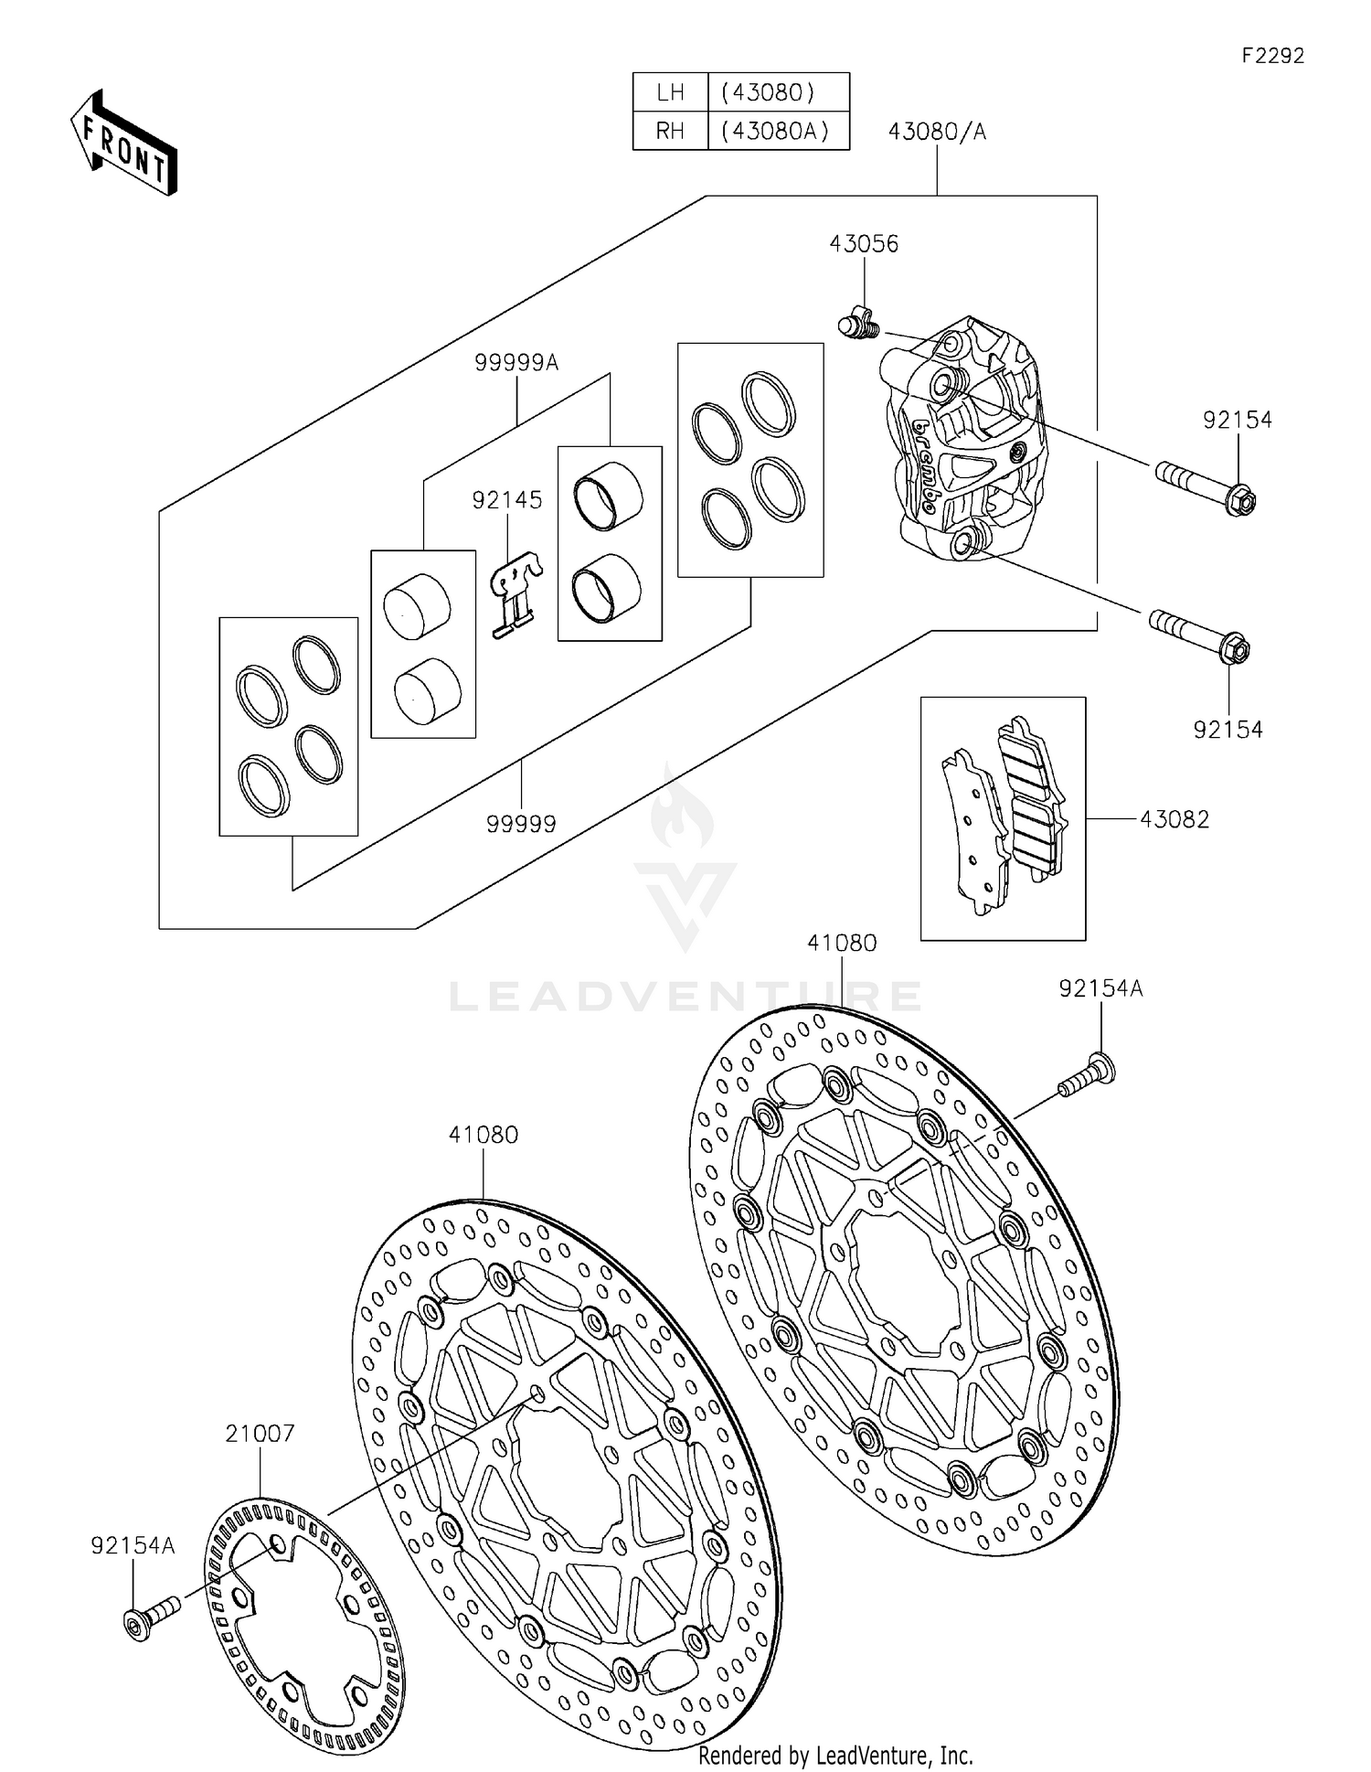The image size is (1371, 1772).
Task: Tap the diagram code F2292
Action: (x=1272, y=56)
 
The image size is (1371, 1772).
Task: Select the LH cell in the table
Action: (x=670, y=92)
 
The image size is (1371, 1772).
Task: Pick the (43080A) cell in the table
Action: (x=775, y=131)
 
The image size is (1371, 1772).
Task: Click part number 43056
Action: (x=864, y=244)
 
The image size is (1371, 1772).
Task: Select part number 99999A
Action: (x=516, y=363)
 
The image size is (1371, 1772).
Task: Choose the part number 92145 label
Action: (x=507, y=500)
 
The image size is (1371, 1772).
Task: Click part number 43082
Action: (x=1174, y=819)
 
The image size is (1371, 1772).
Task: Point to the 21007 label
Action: (x=260, y=1433)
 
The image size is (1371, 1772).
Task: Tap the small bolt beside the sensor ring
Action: (x=151, y=1617)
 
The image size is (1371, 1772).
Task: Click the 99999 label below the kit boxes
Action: (x=521, y=824)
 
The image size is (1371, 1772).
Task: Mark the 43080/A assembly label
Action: (x=937, y=132)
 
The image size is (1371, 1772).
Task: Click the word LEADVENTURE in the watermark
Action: (x=685, y=996)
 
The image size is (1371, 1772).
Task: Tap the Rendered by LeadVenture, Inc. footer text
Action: (x=835, y=1755)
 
